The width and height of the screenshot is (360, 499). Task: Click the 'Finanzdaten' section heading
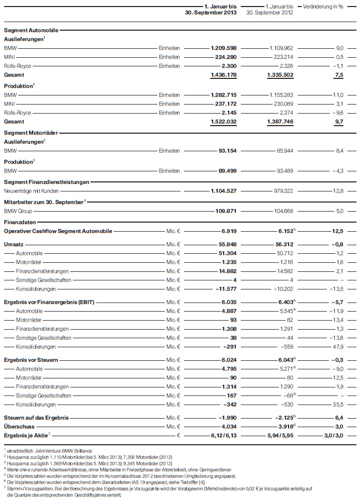coord(17,221)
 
